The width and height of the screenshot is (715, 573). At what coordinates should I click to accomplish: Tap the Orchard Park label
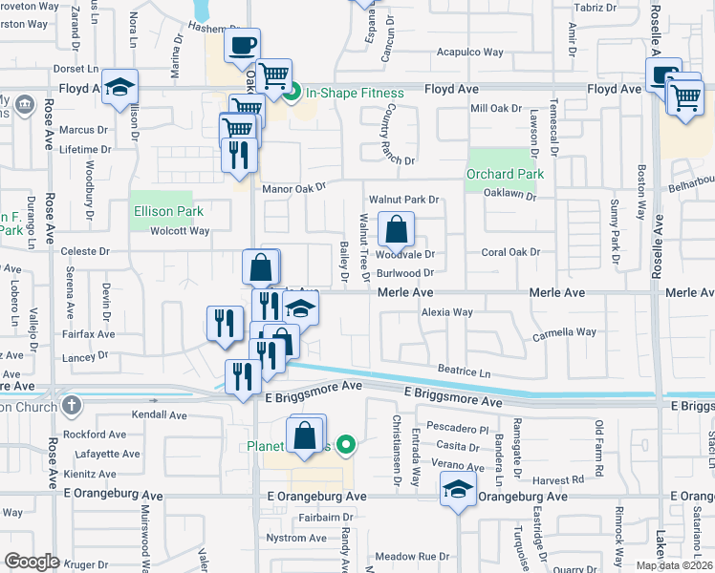pos(505,175)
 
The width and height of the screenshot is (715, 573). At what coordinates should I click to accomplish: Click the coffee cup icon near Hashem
pos(242,45)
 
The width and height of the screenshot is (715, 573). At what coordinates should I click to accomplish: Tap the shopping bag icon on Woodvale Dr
pos(395,229)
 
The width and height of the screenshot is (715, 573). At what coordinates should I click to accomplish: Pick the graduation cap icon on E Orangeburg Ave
pos(458,490)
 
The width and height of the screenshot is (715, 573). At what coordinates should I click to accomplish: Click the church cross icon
pos(70,405)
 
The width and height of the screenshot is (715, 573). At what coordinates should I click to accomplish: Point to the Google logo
pos(32,561)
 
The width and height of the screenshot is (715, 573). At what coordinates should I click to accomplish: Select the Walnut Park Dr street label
pos(402,200)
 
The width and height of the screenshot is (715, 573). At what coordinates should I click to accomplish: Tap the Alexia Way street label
pos(447,312)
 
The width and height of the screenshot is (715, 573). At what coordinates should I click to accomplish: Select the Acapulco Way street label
pos(469,53)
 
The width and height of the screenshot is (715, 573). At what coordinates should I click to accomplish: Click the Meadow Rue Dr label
pos(412,556)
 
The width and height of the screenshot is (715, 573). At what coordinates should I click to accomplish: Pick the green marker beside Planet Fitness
pos(348,444)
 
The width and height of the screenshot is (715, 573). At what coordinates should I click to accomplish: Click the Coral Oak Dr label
pos(510,253)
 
